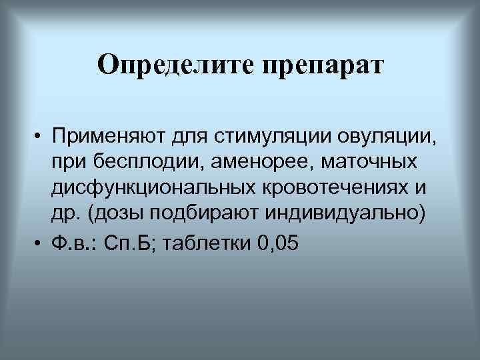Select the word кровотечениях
coord(335,188)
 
